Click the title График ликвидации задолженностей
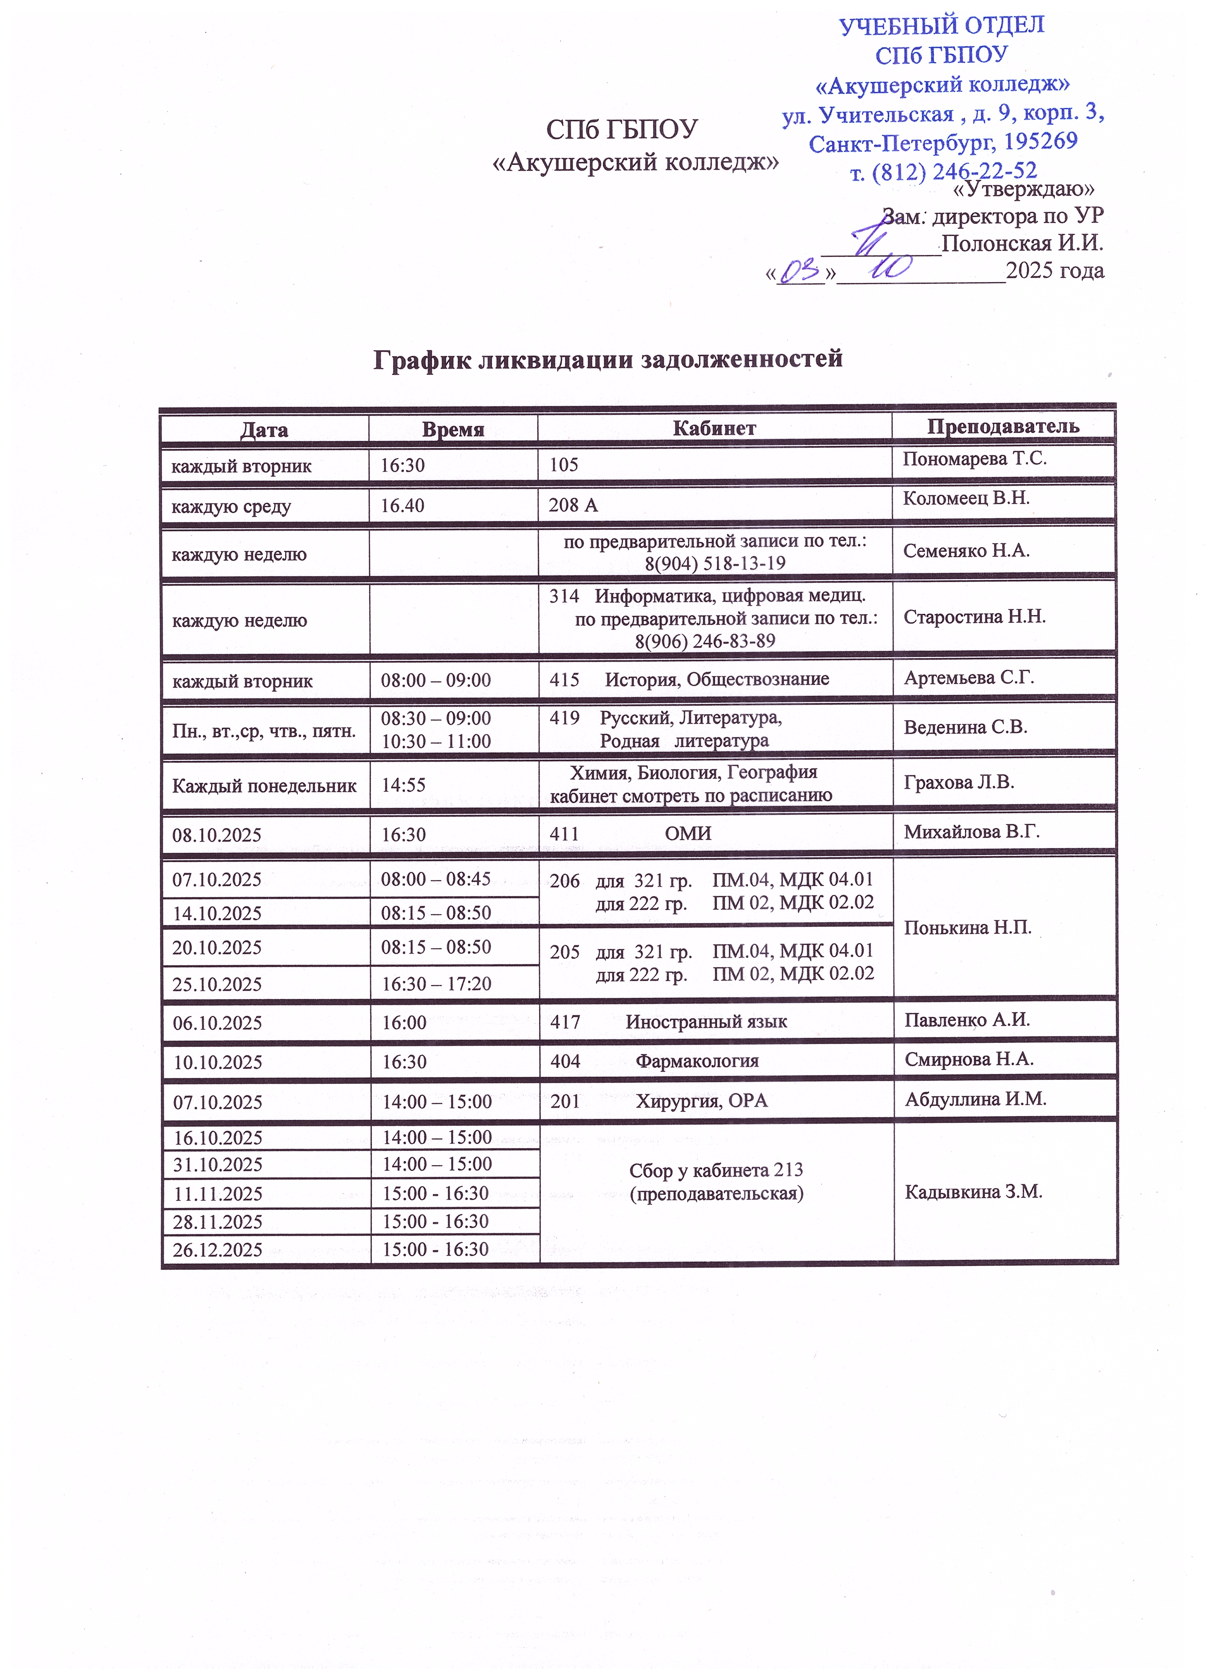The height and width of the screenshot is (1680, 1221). [x=608, y=359]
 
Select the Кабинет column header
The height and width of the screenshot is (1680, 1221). [x=714, y=428]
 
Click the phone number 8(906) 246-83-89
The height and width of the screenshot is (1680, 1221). [x=705, y=641]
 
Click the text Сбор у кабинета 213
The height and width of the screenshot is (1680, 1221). [x=716, y=1170]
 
